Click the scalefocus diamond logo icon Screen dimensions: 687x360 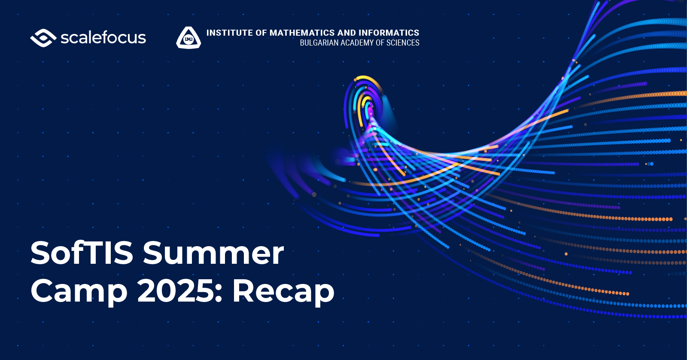(x=43, y=38)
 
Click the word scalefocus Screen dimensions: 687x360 (x=103, y=37)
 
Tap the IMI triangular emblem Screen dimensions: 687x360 (x=188, y=37)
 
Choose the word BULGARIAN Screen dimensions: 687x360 (x=318, y=43)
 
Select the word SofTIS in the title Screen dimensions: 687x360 (x=82, y=253)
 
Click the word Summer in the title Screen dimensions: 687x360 (x=213, y=253)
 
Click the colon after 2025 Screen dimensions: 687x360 (x=219, y=293)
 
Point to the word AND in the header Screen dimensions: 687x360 (x=347, y=33)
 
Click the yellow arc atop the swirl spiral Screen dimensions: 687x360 (x=367, y=78)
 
